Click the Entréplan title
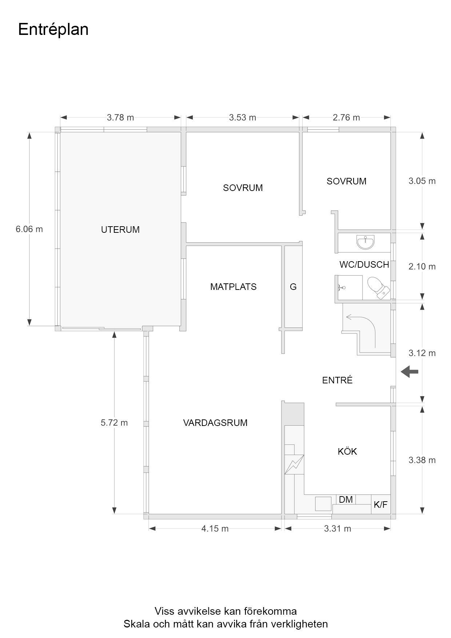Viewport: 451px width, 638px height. coord(53,29)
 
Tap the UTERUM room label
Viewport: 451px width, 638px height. coord(120,230)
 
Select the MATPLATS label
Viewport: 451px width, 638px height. coord(233,287)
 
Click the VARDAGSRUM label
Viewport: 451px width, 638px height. coord(215,423)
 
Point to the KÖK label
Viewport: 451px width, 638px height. coord(347,451)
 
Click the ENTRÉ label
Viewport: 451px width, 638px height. coord(337,380)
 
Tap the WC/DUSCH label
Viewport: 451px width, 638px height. coord(364,264)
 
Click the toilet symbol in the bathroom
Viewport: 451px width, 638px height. coord(378,288)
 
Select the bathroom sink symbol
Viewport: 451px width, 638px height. coord(365,242)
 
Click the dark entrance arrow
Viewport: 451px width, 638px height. coord(410,372)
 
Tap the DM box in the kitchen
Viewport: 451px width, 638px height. coord(346,499)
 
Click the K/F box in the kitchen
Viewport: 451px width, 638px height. coord(380,505)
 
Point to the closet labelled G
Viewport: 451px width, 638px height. coord(293,287)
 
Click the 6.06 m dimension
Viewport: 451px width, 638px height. coord(29,229)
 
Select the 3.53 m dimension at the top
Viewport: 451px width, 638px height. coord(242,117)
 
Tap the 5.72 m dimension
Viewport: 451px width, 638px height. coord(114,423)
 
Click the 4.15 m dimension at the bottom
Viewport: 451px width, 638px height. coord(215,529)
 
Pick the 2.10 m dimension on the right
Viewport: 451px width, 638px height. coord(422,266)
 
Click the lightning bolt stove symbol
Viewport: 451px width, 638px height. coord(294,464)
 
